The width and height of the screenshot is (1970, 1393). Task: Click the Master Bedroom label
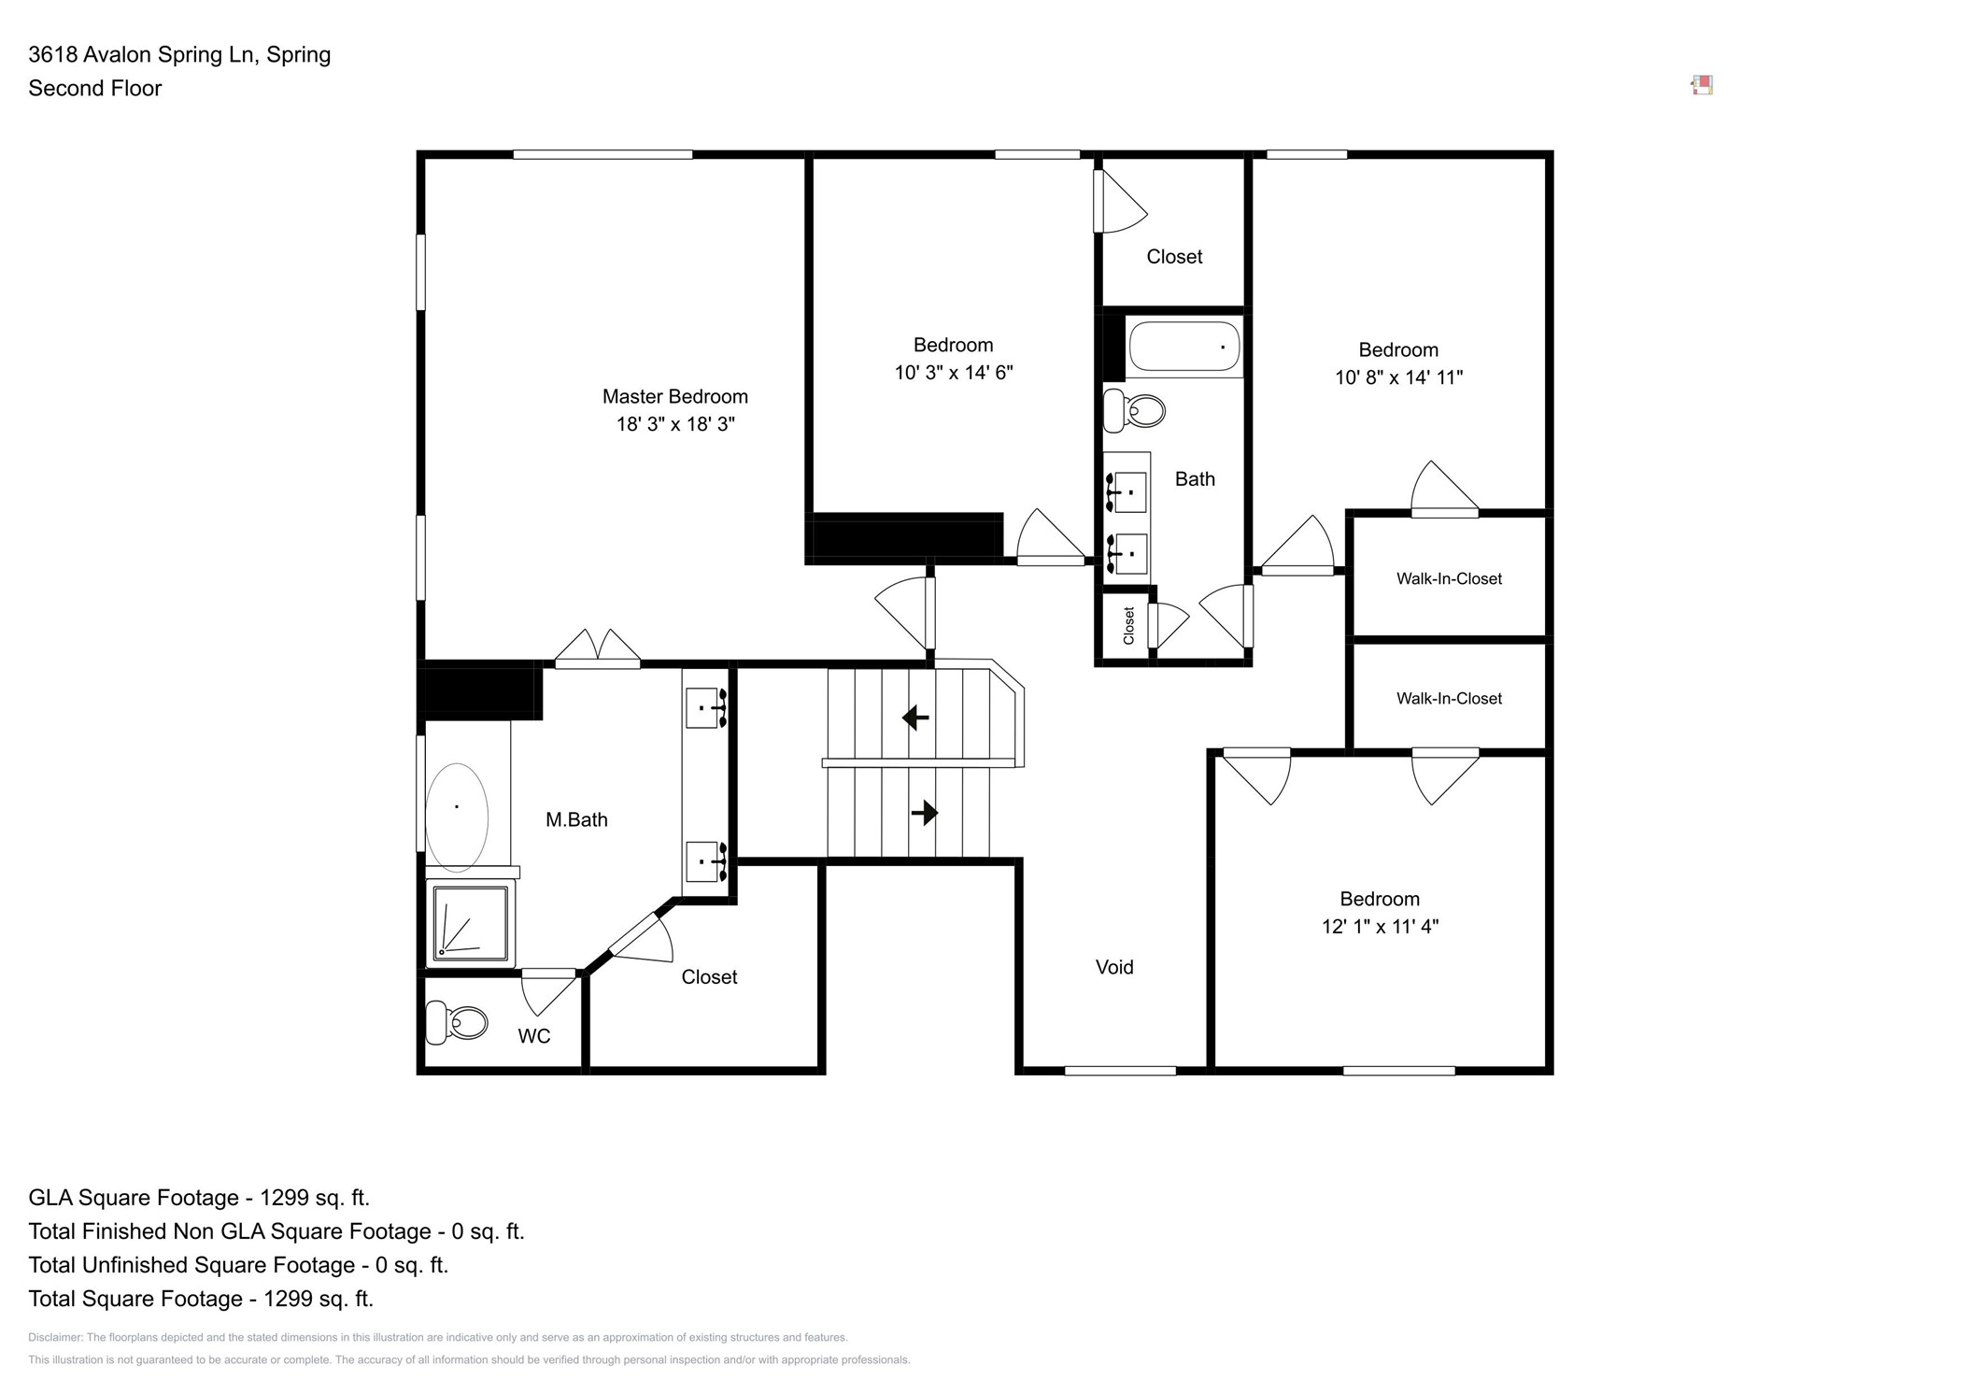tap(674, 396)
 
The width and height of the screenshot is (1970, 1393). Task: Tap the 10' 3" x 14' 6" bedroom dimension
tap(953, 373)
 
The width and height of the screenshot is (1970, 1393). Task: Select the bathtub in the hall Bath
tap(1183, 347)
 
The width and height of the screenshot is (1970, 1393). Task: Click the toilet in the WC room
tap(456, 1022)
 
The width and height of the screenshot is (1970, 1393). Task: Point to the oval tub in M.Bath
tap(457, 817)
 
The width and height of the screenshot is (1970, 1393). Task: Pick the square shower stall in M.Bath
tap(471, 924)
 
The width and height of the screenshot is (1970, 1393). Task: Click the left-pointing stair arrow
tap(915, 718)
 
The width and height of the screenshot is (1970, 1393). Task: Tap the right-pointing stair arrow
tap(924, 813)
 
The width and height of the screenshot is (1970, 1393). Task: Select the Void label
tap(1113, 967)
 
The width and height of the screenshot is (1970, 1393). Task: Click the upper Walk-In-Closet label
tap(1449, 578)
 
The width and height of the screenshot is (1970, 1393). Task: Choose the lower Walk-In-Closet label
tap(1449, 698)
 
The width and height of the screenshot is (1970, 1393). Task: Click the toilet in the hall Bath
tap(1136, 410)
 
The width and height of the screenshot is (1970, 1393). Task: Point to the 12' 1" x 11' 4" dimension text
tap(1380, 926)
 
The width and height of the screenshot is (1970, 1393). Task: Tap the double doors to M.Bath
tap(598, 648)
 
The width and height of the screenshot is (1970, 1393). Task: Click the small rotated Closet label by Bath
tap(1128, 625)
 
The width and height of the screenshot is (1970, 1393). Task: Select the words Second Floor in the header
tap(94, 88)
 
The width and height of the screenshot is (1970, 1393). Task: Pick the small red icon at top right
tap(1702, 85)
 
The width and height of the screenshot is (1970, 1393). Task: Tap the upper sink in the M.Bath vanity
tap(705, 707)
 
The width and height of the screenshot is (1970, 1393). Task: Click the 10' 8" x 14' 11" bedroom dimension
tap(1397, 377)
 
